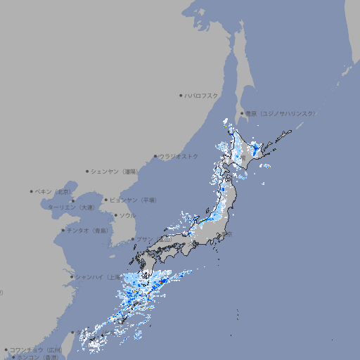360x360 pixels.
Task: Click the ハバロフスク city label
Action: click(x=201, y=95)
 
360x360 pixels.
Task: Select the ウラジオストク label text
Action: click(x=179, y=156)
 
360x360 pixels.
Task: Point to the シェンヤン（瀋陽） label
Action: click(x=115, y=171)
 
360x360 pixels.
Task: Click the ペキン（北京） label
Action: click(x=53, y=191)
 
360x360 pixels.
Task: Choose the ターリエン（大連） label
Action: click(x=70, y=207)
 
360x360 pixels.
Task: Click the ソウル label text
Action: click(x=127, y=216)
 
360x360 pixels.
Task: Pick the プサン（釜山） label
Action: click(x=154, y=239)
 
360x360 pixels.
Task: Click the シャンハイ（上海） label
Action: click(x=98, y=277)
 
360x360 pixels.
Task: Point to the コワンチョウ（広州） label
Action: click(x=35, y=349)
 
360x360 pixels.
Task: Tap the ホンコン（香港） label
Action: click(x=38, y=357)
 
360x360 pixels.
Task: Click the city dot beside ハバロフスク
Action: click(x=181, y=95)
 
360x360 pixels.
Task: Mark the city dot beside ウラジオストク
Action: click(x=155, y=156)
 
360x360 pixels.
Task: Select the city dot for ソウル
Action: click(x=115, y=216)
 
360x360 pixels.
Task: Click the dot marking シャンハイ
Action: click(x=72, y=277)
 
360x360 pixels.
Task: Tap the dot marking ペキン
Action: click(x=32, y=191)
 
